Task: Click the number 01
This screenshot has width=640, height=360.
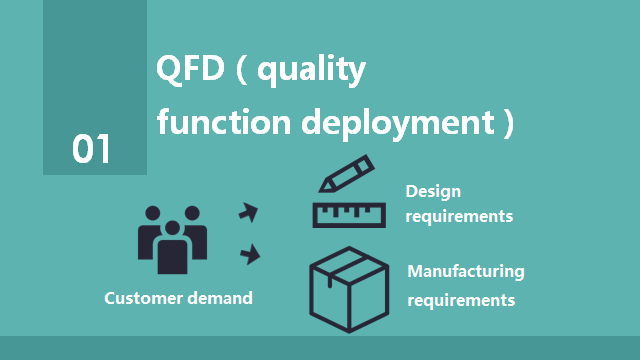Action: pyautogui.click(x=91, y=149)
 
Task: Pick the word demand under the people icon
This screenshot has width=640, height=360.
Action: pyautogui.click(x=220, y=298)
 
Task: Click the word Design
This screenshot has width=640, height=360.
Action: pyautogui.click(x=433, y=191)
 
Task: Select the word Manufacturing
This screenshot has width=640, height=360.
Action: pyautogui.click(x=466, y=271)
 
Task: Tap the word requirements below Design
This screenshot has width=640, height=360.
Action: pyautogui.click(x=459, y=215)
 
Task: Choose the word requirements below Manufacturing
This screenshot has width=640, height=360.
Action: pyautogui.click(x=461, y=299)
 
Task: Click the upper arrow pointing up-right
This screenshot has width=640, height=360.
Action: pyautogui.click(x=248, y=211)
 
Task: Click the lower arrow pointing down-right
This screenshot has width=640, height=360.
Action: pyautogui.click(x=249, y=255)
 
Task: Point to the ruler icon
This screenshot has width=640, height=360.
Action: pyautogui.click(x=348, y=214)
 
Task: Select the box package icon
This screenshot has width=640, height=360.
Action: pyautogui.click(x=348, y=286)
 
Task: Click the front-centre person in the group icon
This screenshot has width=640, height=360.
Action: pyautogui.click(x=172, y=248)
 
